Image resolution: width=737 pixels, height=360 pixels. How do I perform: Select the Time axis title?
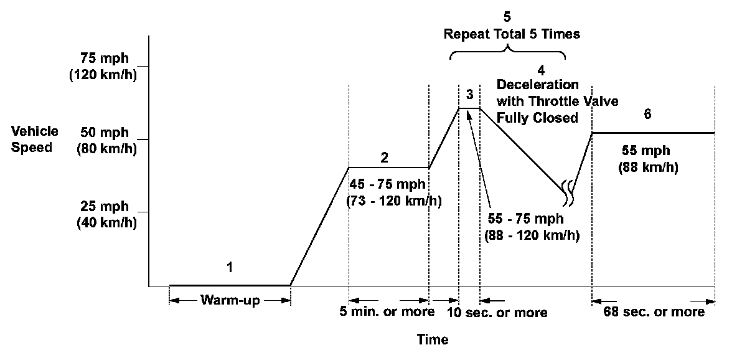(x=433, y=339)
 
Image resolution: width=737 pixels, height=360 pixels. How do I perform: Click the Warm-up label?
(x=230, y=300)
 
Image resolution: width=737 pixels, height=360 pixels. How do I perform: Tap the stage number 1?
(x=229, y=268)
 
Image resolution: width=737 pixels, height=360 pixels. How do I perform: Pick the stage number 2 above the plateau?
(x=385, y=158)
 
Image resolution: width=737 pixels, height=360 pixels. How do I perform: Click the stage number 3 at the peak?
(x=469, y=94)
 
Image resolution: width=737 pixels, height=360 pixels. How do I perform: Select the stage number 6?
(x=647, y=115)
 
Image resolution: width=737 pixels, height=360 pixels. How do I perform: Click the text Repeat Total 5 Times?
(x=512, y=34)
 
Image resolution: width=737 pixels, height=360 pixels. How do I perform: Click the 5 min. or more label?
(x=387, y=311)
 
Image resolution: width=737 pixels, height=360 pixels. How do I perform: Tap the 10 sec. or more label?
(x=497, y=313)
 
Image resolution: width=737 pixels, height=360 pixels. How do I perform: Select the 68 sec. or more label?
(x=654, y=311)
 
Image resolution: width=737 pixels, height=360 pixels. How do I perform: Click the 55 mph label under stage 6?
(x=647, y=151)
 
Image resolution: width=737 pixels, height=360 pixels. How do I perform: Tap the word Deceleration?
(x=538, y=85)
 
